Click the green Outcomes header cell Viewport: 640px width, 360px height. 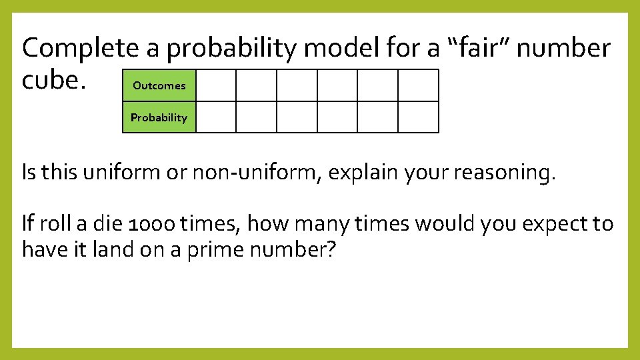pyautogui.click(x=159, y=85)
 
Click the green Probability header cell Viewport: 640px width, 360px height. pyautogui.click(x=159, y=117)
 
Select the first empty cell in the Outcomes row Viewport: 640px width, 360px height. pyautogui.click(x=216, y=85)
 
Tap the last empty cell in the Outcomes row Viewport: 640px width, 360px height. pyautogui.click(x=419, y=85)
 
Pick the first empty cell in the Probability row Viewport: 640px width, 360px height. pyautogui.click(x=216, y=117)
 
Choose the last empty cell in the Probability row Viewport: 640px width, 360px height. pyautogui.click(x=419, y=117)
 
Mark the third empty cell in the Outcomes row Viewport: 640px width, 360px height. pyautogui.click(x=297, y=85)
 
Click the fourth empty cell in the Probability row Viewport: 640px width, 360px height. pyautogui.click(x=337, y=117)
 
